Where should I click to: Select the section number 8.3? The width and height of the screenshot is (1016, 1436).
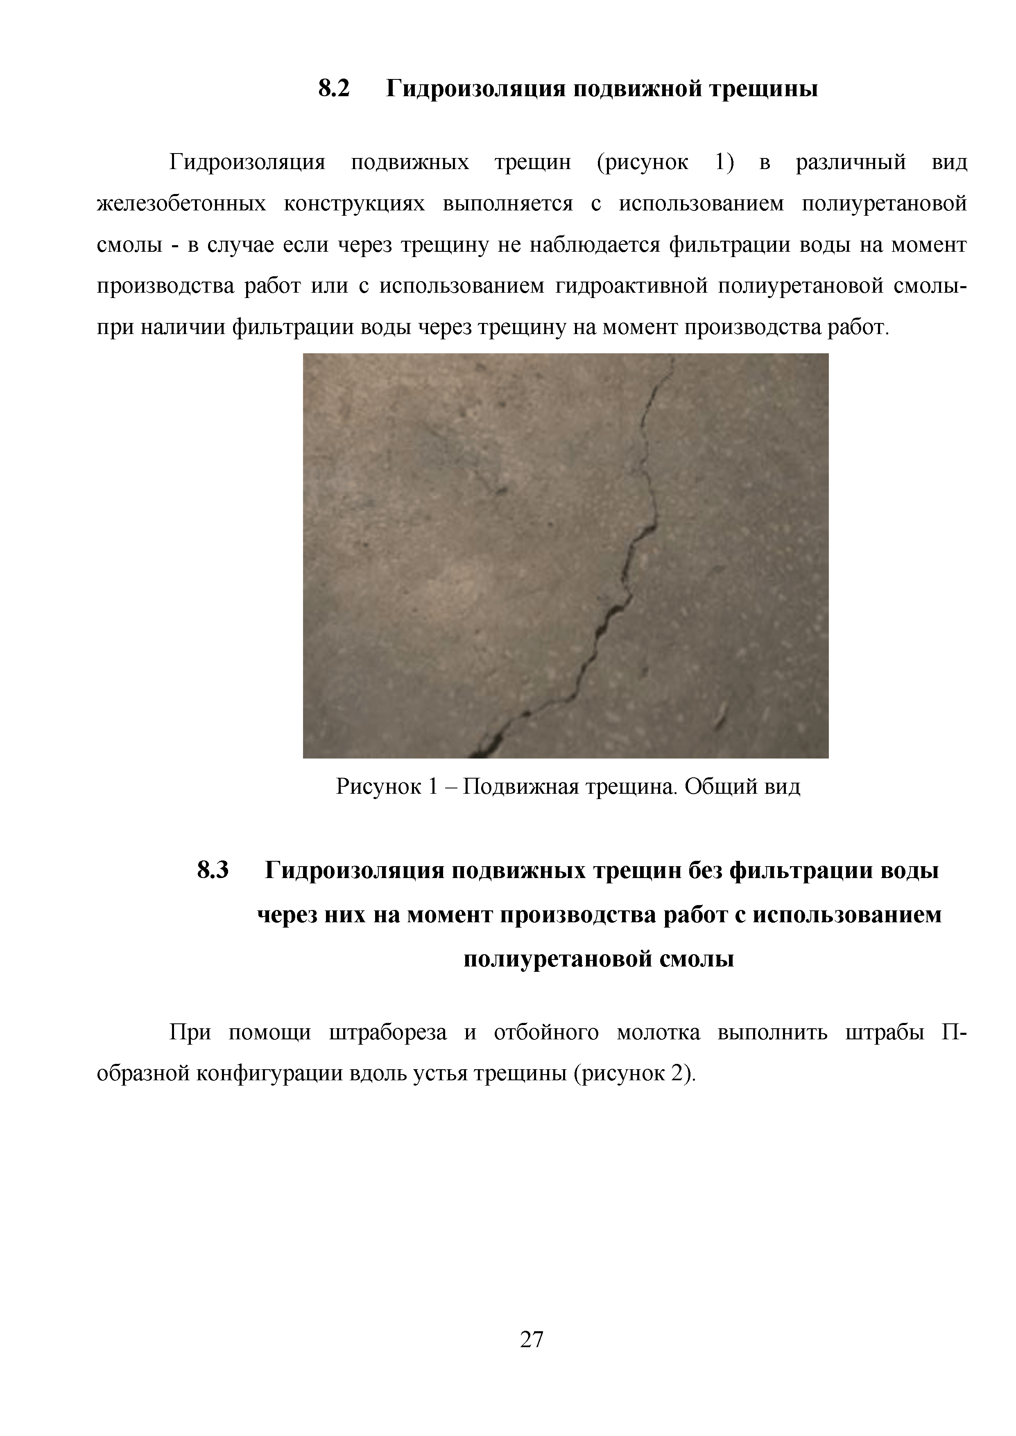213,870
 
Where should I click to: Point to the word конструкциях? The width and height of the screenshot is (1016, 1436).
354,204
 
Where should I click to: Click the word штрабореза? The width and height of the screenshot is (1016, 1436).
388,1033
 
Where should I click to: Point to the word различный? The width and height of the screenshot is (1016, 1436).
851,163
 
